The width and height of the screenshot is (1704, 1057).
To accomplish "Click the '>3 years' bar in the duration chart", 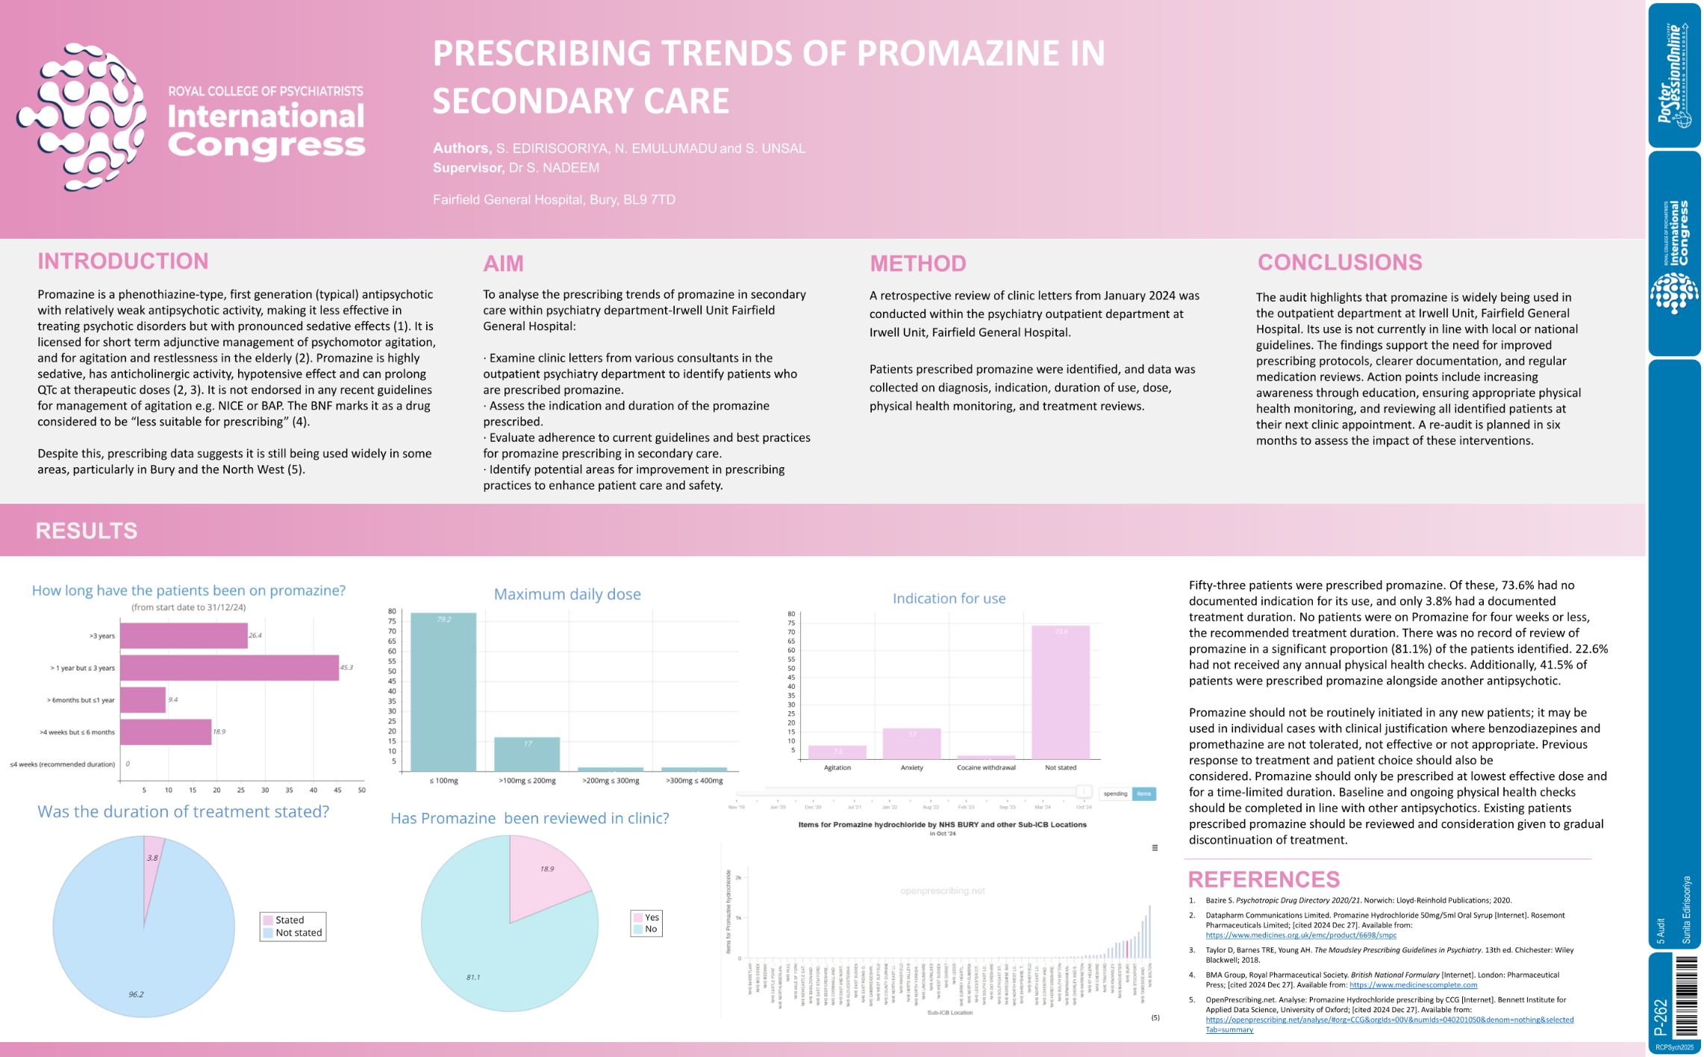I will tap(184, 636).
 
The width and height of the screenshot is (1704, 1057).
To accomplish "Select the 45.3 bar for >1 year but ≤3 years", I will tap(229, 667).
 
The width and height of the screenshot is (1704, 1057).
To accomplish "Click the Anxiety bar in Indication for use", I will tap(911, 743).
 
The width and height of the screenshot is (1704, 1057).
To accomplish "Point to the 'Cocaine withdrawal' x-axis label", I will tap(986, 767).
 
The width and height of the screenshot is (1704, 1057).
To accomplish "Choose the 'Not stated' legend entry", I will tap(298, 933).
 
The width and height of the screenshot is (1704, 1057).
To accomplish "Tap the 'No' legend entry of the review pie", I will tap(650, 929).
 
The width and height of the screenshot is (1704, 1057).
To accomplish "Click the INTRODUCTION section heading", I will tap(123, 261).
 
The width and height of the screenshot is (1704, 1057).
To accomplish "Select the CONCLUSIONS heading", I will tap(1340, 263).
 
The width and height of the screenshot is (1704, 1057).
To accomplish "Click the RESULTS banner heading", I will tap(87, 531).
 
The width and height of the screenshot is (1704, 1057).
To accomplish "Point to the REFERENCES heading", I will tap(1264, 879).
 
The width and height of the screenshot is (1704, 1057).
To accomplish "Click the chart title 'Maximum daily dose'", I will tap(567, 594).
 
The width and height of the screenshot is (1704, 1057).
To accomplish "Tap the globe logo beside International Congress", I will tap(82, 116).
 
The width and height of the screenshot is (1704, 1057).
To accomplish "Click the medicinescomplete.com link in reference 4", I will tap(1413, 985).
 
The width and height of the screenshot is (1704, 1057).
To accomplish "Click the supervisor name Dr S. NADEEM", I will tap(553, 168).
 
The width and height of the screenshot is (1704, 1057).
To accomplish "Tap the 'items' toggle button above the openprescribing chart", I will tap(1143, 793).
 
